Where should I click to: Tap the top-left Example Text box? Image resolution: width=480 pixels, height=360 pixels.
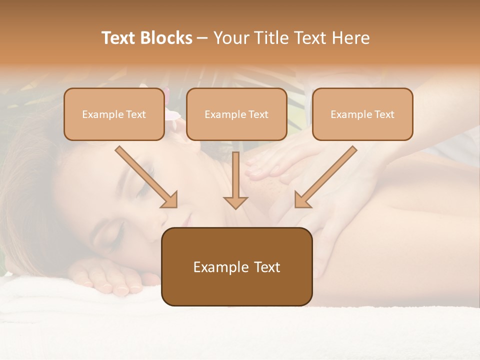pyautogui.click(x=114, y=114)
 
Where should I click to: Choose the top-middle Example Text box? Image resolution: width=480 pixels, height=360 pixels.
pyautogui.click(x=236, y=114)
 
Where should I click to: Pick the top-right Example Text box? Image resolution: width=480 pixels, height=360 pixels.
pyautogui.click(x=362, y=114)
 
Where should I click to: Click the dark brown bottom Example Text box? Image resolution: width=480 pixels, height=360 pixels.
pyautogui.click(x=236, y=266)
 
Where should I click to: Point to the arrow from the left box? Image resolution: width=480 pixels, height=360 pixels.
pyautogui.click(x=146, y=177)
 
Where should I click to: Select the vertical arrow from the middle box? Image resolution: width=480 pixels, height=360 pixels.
pyautogui.click(x=235, y=180)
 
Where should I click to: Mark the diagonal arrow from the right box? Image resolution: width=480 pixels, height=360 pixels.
pyautogui.click(x=325, y=177)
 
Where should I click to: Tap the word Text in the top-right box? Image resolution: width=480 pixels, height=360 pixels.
pyautogui.click(x=384, y=114)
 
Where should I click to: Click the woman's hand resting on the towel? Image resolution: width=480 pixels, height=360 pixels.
pyautogui.click(x=107, y=277)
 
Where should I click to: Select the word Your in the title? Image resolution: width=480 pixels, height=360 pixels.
pyautogui.click(x=231, y=38)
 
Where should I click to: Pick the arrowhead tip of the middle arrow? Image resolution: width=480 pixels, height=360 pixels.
pyautogui.click(x=235, y=207)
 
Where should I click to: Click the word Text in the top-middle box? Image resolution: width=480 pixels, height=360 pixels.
pyautogui.click(x=258, y=114)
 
